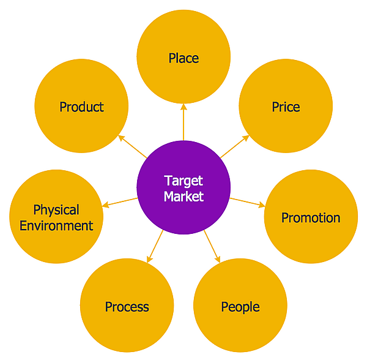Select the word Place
(x=183, y=58)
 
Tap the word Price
(x=286, y=107)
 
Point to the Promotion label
(x=311, y=217)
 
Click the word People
(x=240, y=307)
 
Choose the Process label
(x=127, y=307)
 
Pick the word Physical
(x=56, y=210)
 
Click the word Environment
(x=56, y=225)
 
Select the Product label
(x=81, y=107)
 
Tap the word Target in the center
(x=183, y=181)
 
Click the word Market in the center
(x=183, y=197)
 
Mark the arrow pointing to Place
(x=183, y=122)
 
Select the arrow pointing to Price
(x=235, y=146)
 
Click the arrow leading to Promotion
(x=248, y=202)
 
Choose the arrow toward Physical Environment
(x=120, y=202)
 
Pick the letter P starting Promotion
(x=285, y=217)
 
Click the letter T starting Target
(x=168, y=181)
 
